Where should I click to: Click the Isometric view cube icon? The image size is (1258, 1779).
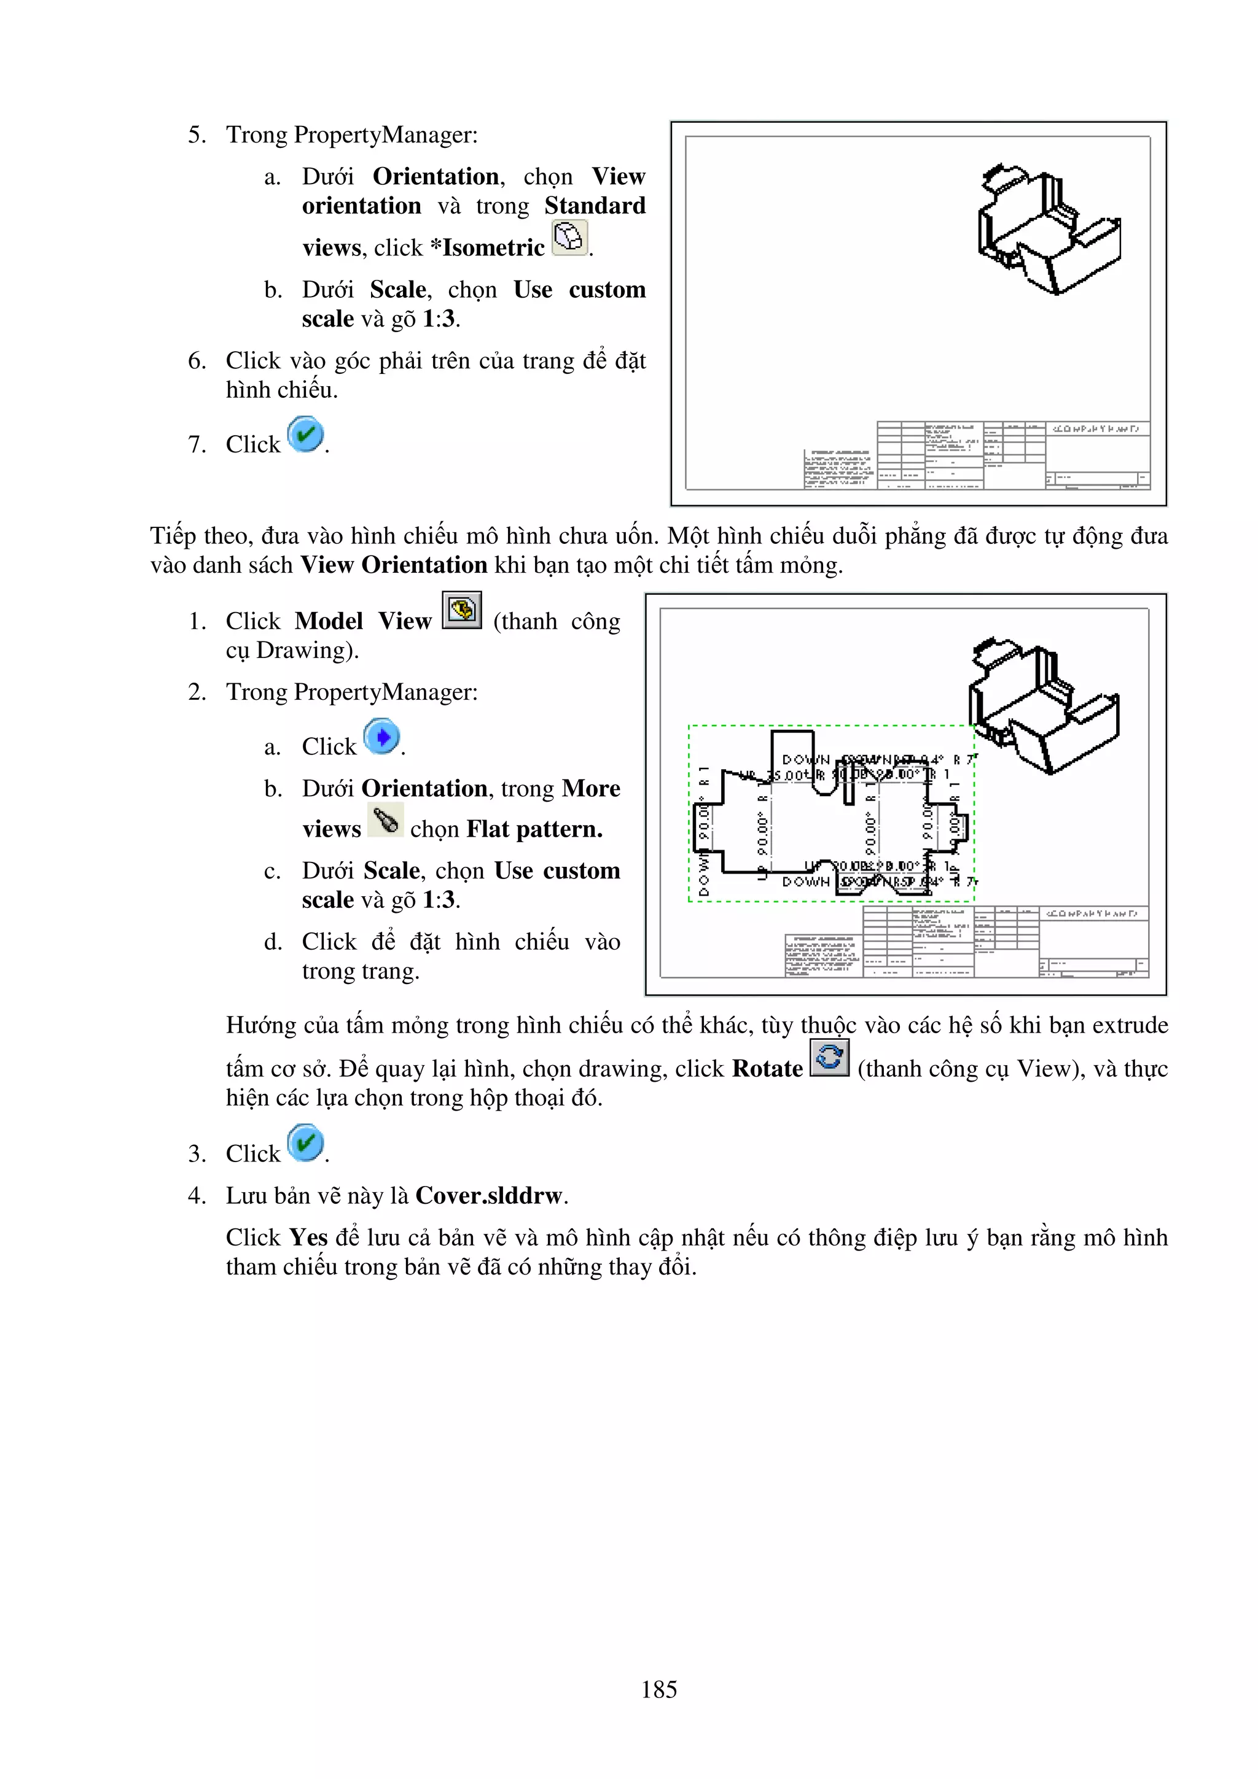click(x=569, y=237)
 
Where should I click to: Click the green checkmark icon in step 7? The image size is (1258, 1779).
click(x=305, y=435)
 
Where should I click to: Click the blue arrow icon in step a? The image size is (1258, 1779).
click(x=381, y=737)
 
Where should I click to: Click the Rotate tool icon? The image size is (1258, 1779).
click(x=829, y=1058)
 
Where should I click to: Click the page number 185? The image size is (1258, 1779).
click(x=659, y=1689)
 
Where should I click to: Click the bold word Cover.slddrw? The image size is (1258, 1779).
click(x=488, y=1196)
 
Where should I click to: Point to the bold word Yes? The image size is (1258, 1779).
click(x=308, y=1238)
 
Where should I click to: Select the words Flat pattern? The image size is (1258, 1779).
click(x=534, y=829)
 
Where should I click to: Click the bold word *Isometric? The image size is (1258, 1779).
click(x=488, y=248)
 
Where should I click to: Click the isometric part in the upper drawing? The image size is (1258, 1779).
click(x=1048, y=228)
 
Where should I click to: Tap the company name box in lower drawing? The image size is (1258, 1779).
click(x=1093, y=913)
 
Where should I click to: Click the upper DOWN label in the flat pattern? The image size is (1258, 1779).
click(x=805, y=759)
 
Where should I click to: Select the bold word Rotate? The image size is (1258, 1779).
click(x=767, y=1069)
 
